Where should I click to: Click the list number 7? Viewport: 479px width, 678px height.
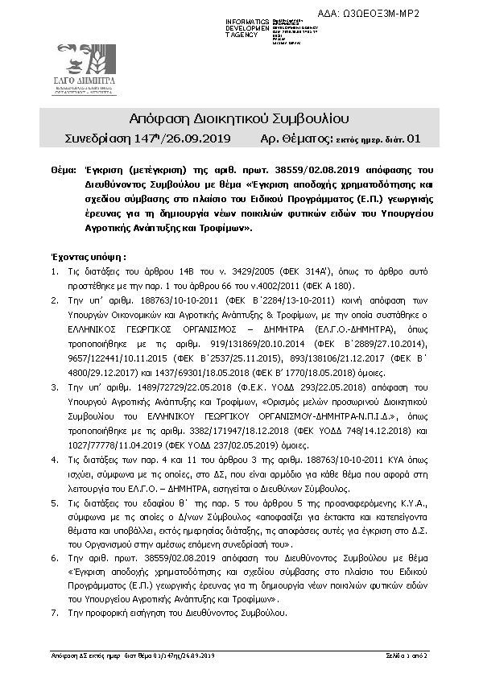click(x=54, y=614)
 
